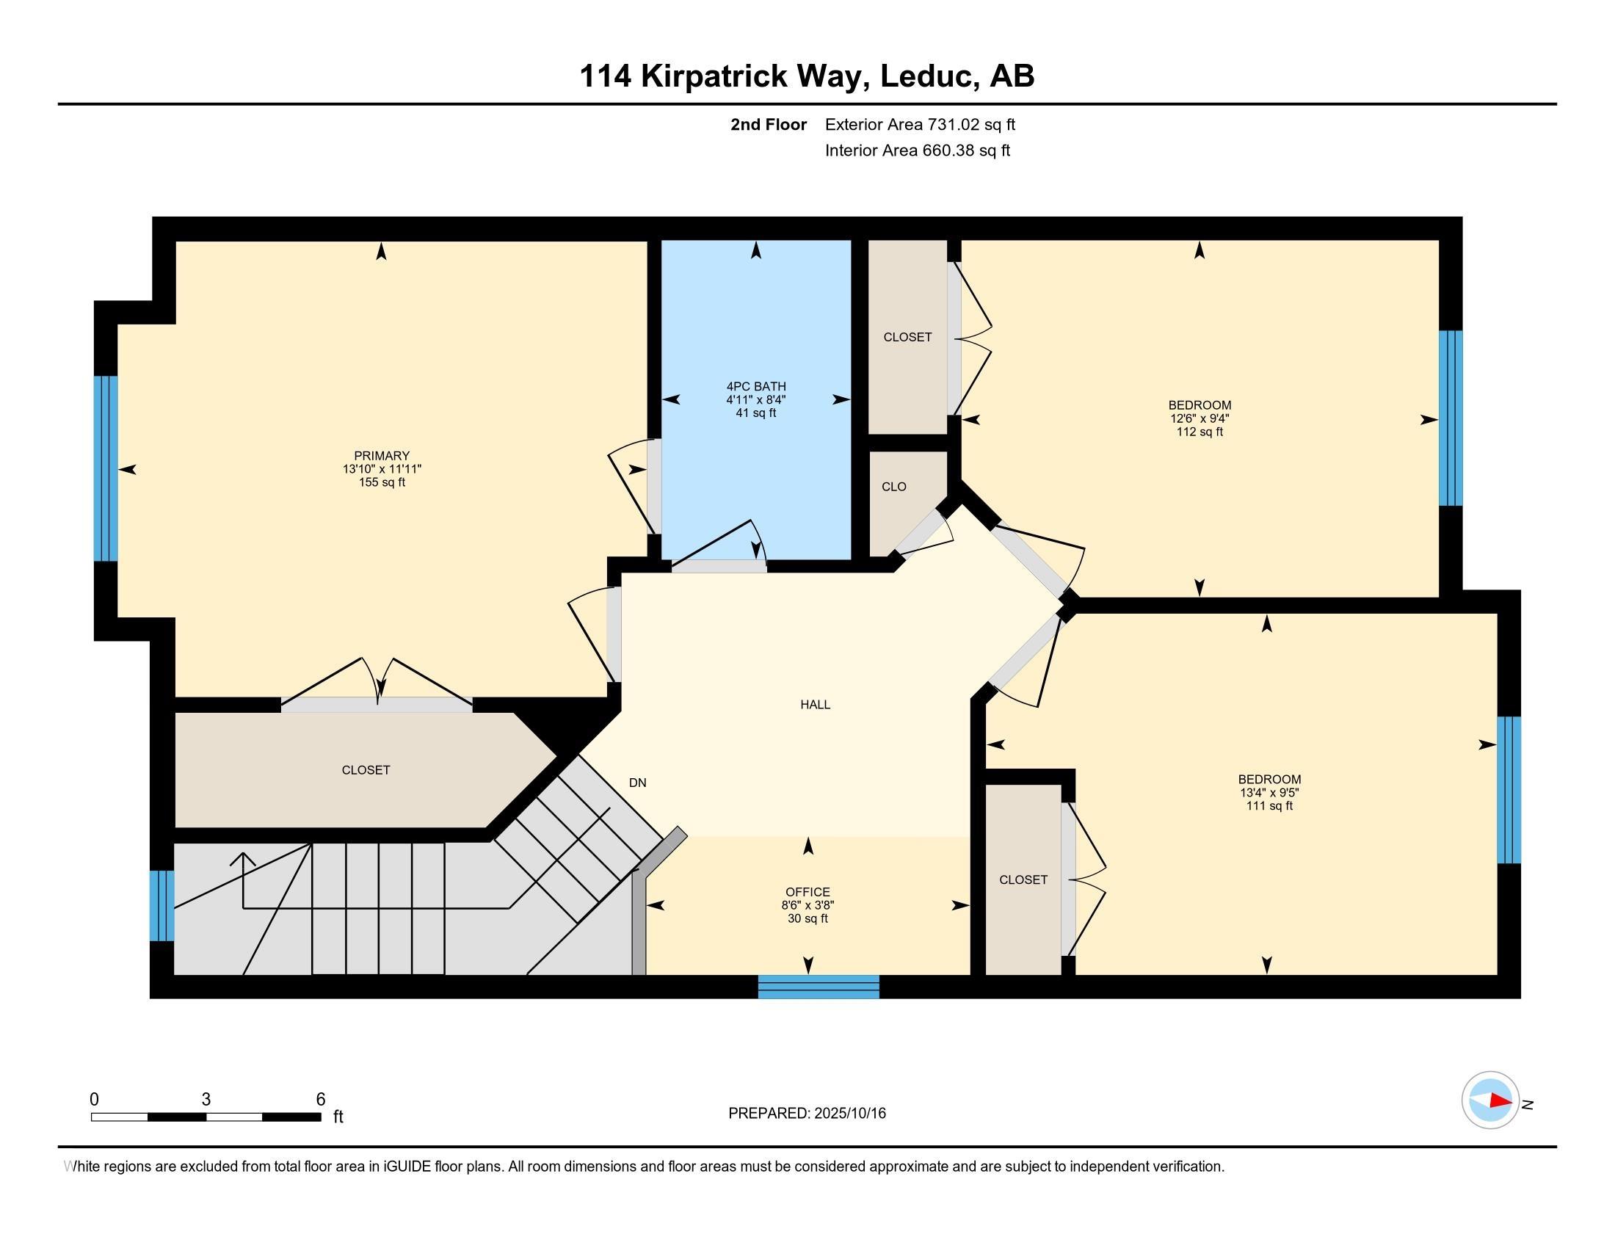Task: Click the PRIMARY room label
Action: [382, 455]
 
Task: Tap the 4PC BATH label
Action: [755, 386]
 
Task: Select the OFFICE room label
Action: [807, 892]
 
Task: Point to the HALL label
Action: [815, 705]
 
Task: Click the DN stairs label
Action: [637, 783]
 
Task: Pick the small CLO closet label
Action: [894, 487]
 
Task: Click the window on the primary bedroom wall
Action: [106, 469]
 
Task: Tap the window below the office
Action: [819, 987]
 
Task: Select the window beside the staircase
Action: [162, 906]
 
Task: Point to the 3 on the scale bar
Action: [206, 1100]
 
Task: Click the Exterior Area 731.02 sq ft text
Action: [920, 124]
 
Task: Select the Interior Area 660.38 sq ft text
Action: [917, 150]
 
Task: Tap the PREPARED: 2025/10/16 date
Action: [807, 1113]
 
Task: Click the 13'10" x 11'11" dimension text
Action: [382, 469]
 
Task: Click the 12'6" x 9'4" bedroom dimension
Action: [1200, 418]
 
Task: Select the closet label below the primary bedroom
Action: [366, 769]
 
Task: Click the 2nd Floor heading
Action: [769, 124]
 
